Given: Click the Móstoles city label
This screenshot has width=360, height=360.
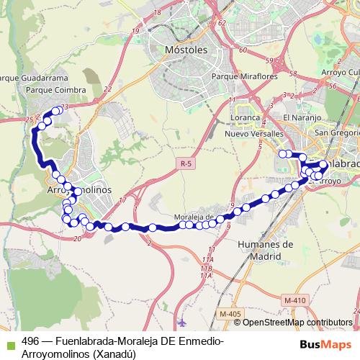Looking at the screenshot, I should click(186, 50).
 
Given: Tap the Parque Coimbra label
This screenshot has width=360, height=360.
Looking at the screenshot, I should click(55, 90).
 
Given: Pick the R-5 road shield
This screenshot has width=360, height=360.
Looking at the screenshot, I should click(186, 164).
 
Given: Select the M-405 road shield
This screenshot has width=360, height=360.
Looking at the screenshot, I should click(230, 314).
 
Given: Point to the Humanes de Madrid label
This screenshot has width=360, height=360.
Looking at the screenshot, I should click(265, 249).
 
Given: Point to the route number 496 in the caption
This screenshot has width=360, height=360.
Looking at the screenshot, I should click(30, 341).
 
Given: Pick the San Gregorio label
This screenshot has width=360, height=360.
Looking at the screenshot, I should click(335, 133).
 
